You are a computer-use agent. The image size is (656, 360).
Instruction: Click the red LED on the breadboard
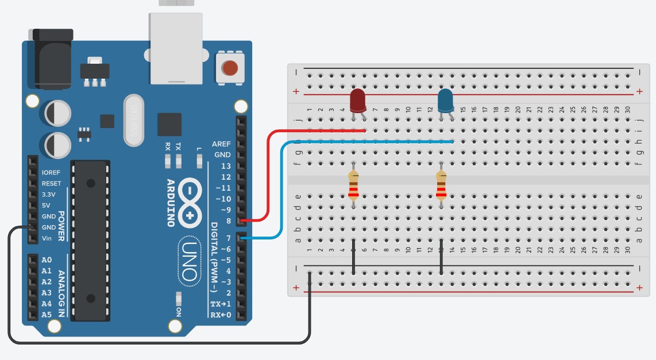[x=358, y=100]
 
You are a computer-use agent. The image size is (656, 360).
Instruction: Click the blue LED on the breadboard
[x=445, y=101]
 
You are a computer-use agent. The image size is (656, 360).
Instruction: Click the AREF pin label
[x=221, y=144]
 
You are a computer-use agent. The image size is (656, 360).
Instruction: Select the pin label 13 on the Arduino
[x=226, y=166]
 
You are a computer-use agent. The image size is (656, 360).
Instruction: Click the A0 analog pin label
[x=47, y=260]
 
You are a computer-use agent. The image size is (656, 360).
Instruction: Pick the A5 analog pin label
[x=47, y=315]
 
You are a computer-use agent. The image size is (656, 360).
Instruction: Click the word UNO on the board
[x=190, y=262]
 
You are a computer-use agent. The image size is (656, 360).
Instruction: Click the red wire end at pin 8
[x=244, y=220]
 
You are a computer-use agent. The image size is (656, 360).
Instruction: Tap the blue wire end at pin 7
[x=244, y=238]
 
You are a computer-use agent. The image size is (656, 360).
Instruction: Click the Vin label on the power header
[x=48, y=238]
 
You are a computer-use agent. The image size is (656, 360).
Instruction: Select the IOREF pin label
[x=51, y=172]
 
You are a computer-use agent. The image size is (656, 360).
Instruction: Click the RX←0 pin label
[x=221, y=315]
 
